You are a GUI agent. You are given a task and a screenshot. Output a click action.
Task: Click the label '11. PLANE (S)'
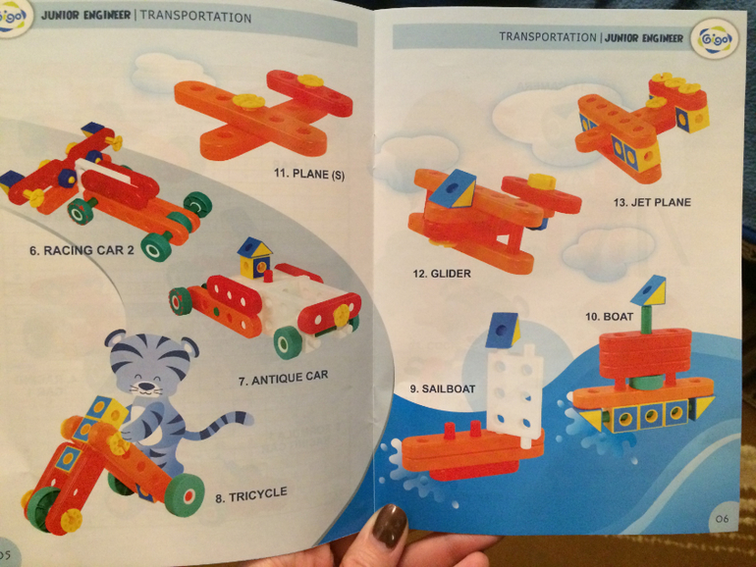point(309,174)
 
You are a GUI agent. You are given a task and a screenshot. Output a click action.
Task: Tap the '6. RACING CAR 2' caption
point(81,250)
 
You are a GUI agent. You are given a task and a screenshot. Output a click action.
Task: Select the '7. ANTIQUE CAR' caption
point(283,378)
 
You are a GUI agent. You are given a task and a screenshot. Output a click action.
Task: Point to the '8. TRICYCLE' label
point(251,494)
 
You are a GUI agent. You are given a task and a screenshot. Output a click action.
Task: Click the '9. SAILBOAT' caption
point(443,388)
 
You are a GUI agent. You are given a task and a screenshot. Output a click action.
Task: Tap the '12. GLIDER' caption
point(442,274)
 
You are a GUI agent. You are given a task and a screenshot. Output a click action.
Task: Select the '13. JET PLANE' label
point(652,202)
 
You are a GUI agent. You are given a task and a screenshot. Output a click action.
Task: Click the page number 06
point(722,519)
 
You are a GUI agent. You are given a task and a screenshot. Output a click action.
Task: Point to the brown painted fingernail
point(389,526)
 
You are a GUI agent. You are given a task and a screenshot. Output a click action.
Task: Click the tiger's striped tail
point(221,426)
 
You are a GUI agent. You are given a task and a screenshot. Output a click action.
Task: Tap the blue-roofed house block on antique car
point(254,257)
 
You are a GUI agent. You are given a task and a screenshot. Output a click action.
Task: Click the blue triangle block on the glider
point(453,188)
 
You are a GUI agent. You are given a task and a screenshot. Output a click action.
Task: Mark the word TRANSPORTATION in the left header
point(195,17)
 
